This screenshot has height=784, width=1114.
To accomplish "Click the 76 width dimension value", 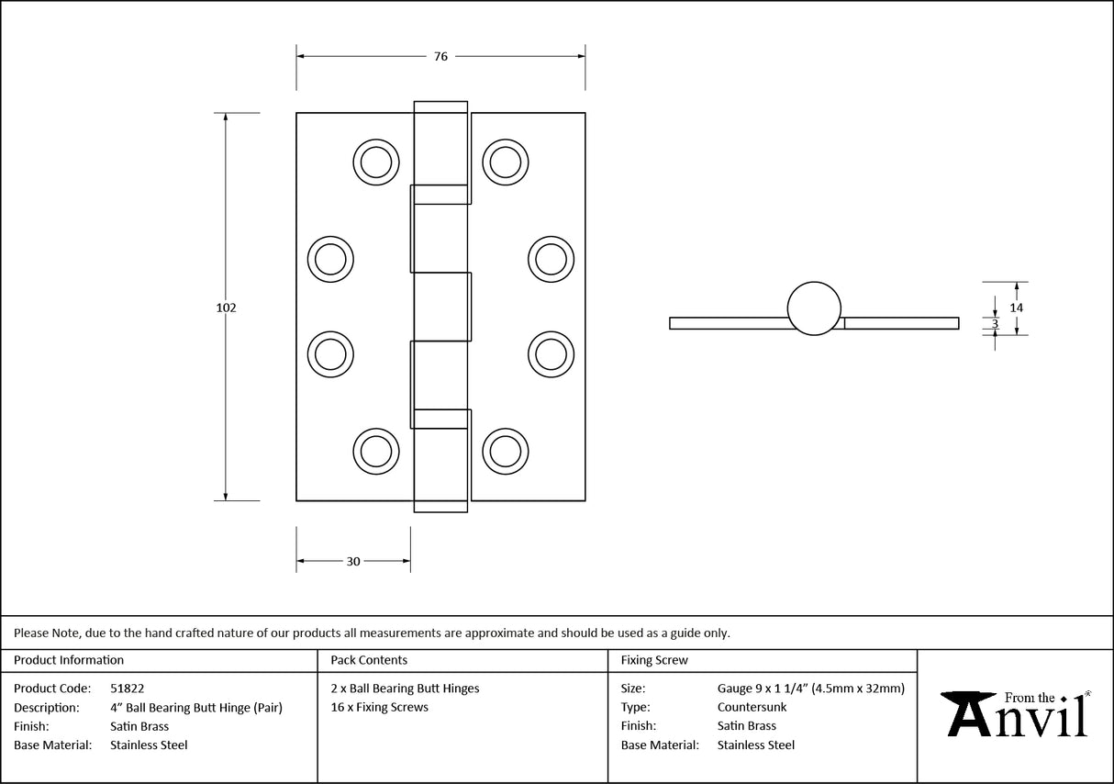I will pyautogui.click(x=440, y=56).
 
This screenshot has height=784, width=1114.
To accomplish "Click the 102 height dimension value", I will pyautogui.click(x=226, y=308).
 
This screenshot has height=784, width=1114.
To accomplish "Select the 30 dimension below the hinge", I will pyautogui.click(x=353, y=561).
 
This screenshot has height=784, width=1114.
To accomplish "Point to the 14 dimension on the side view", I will pyautogui.click(x=1016, y=308).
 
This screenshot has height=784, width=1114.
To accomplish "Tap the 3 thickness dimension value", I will pyautogui.click(x=995, y=323).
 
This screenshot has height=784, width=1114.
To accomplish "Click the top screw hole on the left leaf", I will pyautogui.click(x=375, y=162).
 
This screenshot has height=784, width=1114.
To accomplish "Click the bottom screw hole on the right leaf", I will pyautogui.click(x=505, y=451).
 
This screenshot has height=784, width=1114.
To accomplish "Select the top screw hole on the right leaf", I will pyautogui.click(x=505, y=162).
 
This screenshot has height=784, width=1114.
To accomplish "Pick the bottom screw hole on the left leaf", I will pyautogui.click(x=375, y=451).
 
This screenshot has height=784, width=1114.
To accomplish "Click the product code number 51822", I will pyautogui.click(x=127, y=688).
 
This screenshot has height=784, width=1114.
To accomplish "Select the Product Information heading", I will pyautogui.click(x=69, y=660).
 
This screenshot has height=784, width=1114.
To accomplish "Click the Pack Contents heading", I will pyautogui.click(x=369, y=660).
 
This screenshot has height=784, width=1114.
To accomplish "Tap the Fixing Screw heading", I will pyautogui.click(x=654, y=660).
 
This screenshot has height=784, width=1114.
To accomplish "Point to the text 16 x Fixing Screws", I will pyautogui.click(x=379, y=707).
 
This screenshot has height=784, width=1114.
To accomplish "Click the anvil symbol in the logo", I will pyautogui.click(x=966, y=713).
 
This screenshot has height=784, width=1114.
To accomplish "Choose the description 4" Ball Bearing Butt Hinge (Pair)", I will pyautogui.click(x=196, y=707).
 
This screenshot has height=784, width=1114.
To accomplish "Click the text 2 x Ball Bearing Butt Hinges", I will pyautogui.click(x=405, y=688).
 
